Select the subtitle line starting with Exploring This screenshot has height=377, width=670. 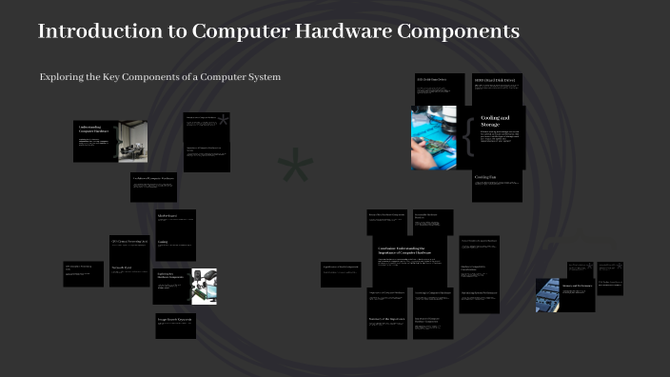160,76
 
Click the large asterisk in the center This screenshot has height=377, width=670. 295,168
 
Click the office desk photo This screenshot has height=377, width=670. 132,140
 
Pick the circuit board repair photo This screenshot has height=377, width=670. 434,137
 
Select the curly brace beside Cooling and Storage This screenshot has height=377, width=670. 468,137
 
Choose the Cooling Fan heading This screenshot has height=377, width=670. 486,176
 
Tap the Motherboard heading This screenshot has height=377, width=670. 167,216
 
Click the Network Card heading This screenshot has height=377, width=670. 122,268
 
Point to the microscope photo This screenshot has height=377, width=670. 203,286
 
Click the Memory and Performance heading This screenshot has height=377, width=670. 577,286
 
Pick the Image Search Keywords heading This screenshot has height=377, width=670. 175,319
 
